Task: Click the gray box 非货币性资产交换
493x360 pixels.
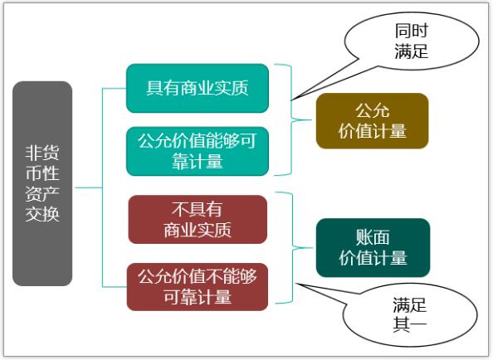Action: point(42,183)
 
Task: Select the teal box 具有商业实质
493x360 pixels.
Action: point(198,88)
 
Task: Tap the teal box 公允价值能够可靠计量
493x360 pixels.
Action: point(198,151)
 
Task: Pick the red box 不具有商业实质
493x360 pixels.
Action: point(198,219)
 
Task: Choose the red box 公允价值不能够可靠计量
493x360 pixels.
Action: point(198,287)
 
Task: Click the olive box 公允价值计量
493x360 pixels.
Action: point(373,120)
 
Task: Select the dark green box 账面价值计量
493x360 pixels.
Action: point(373,248)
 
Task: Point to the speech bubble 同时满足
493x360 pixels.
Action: point(412,41)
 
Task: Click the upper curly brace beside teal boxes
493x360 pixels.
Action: point(292,119)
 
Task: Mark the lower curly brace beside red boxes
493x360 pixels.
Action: point(293,248)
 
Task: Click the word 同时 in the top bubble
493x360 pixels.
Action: point(412,31)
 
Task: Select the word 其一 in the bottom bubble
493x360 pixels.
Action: point(409,324)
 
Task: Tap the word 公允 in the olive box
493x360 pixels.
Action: point(373,110)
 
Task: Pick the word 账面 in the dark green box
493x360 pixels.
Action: point(373,237)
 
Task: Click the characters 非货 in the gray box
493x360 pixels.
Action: point(42,153)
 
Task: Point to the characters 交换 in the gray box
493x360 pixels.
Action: point(42,214)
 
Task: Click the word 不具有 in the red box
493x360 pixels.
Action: point(198,210)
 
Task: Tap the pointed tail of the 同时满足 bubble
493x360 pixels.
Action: point(291,100)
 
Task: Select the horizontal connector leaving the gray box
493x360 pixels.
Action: point(89,187)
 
